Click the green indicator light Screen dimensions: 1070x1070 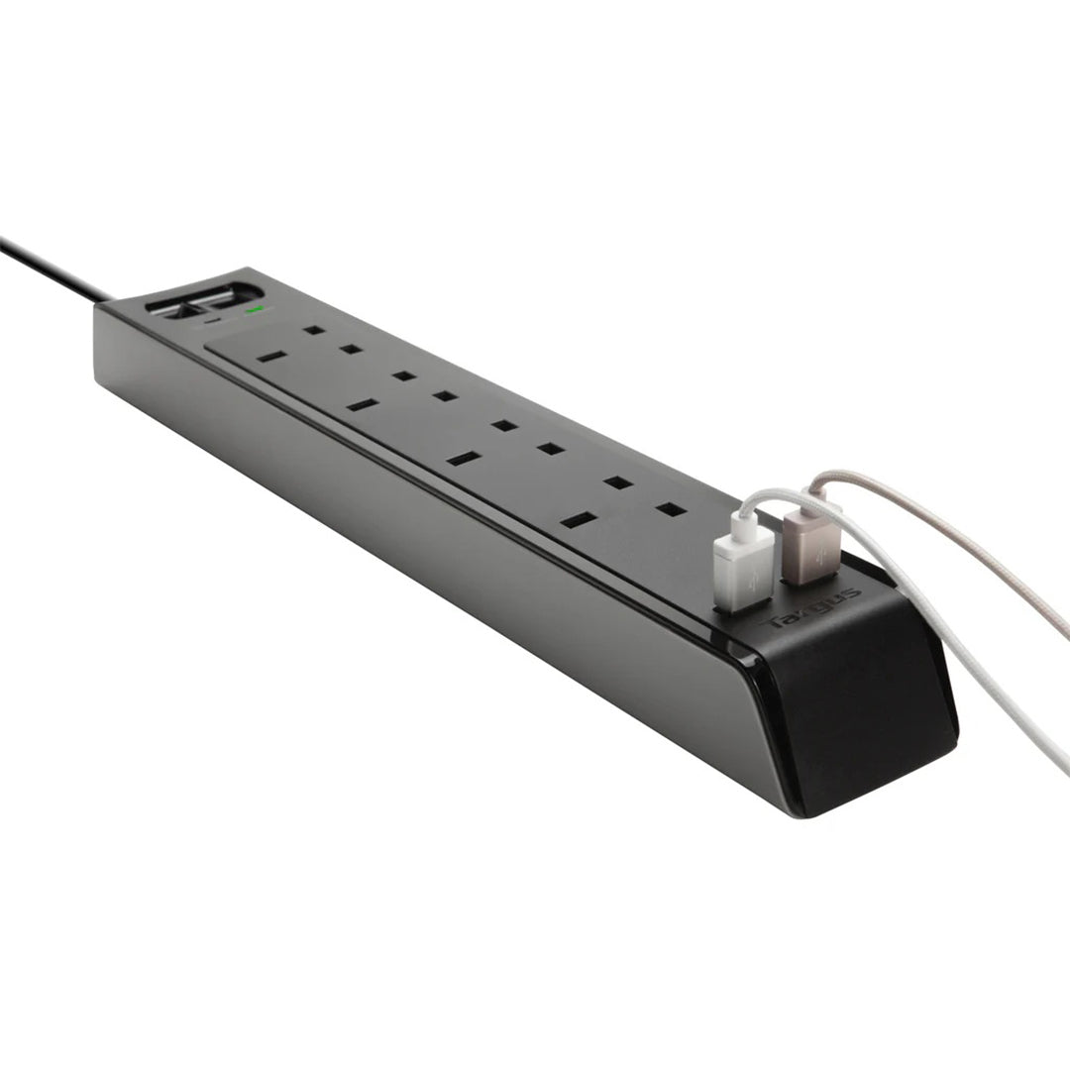257,310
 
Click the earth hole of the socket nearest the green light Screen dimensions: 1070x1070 271,355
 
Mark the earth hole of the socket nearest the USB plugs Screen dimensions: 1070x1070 580,519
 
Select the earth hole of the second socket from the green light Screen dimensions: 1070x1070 363,404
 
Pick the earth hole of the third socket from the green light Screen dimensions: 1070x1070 464,459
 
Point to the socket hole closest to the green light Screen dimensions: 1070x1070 315,330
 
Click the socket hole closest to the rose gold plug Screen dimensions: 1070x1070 672,509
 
